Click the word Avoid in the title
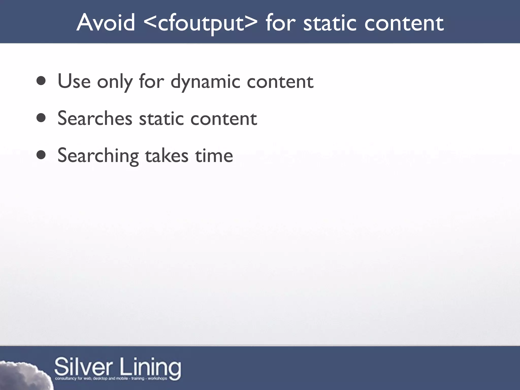pyautogui.click(x=106, y=23)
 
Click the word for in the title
pyautogui.click(x=280, y=23)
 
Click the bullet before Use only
pyautogui.click(x=41, y=81)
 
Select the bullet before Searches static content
pyautogui.click(x=41, y=118)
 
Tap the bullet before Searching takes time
pyautogui.click(x=41, y=155)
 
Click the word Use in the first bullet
pyautogui.click(x=74, y=81)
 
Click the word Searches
pyautogui.click(x=95, y=118)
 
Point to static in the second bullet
pyautogui.click(x=161, y=118)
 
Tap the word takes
pyautogui.click(x=167, y=155)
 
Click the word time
pyautogui.click(x=214, y=155)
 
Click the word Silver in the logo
pyautogui.click(x=83, y=367)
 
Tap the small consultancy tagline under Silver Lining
pyautogui.click(x=111, y=379)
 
